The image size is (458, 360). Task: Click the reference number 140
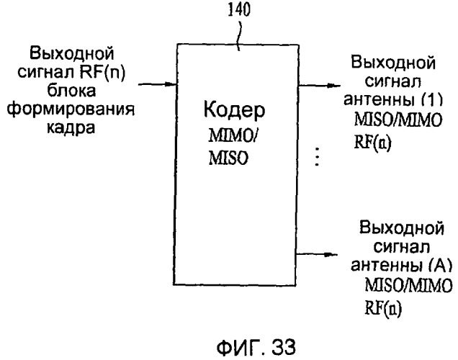point(239,9)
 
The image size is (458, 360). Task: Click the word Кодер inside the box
point(234,110)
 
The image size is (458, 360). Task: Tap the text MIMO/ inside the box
point(232,136)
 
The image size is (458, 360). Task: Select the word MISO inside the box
point(228,158)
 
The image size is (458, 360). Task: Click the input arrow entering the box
point(158,84)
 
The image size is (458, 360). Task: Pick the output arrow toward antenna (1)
point(319,86)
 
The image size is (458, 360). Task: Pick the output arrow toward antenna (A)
point(317,255)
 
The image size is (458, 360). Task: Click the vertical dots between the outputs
point(317,157)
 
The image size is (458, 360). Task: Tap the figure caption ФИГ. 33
point(256,348)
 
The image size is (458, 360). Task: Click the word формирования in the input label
point(71,109)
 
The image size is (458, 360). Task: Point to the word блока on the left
point(71,91)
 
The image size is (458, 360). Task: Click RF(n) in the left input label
point(102,72)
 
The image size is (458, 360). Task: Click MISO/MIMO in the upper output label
point(398,120)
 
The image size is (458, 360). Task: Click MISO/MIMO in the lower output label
point(408,285)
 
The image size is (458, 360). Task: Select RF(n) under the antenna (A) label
point(383,307)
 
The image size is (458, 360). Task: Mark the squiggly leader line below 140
point(240,34)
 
